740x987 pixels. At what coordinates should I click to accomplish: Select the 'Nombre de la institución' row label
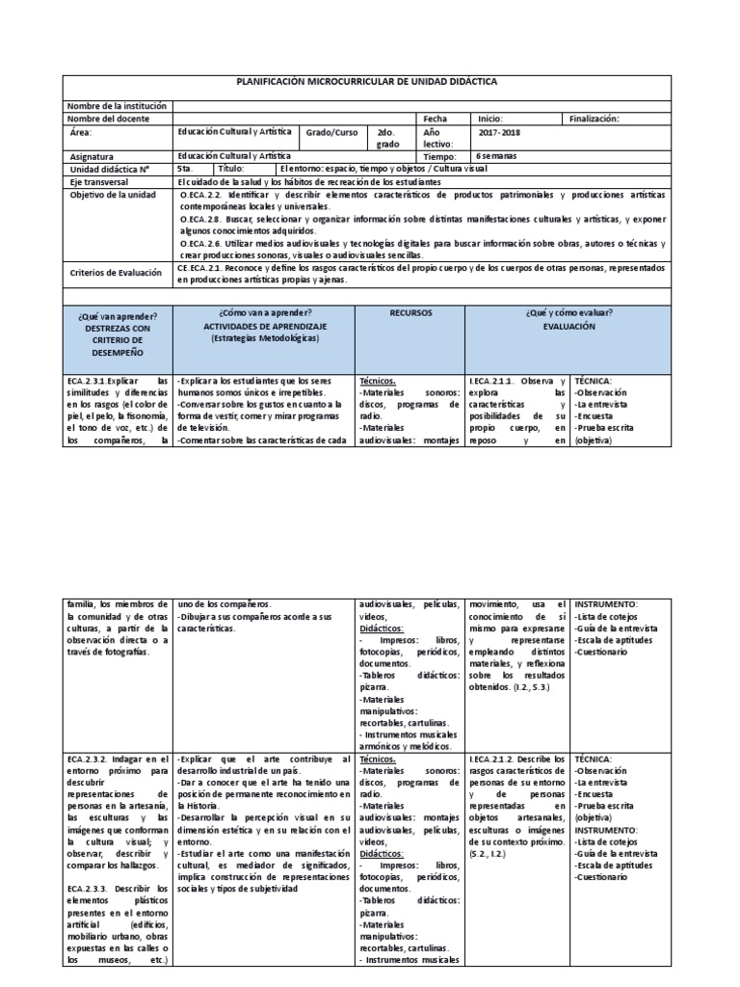tap(119, 105)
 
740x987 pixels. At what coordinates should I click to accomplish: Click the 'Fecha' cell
tap(436, 118)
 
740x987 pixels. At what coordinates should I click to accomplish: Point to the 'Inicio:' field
tap(490, 118)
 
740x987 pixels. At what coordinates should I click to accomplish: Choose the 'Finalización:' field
tap(595, 118)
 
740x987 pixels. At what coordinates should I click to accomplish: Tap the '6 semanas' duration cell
tap(498, 154)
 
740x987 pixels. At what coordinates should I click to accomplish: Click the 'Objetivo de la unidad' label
tap(114, 194)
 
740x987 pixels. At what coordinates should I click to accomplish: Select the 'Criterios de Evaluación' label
tap(116, 273)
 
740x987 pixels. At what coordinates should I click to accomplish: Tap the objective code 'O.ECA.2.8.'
tap(200, 220)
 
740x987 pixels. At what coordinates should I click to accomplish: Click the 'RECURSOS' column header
tap(410, 313)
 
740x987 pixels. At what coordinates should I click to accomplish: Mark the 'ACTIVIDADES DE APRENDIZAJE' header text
tap(264, 327)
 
